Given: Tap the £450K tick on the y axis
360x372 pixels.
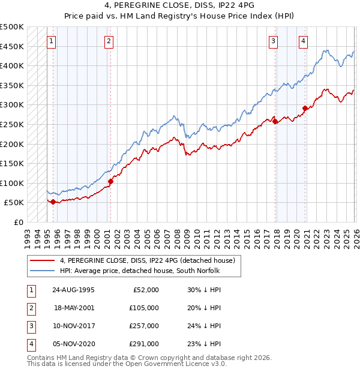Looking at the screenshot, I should click(12, 46).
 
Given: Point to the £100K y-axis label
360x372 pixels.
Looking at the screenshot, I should click(12, 183).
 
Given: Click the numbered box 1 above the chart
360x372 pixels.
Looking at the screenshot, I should click(52, 41).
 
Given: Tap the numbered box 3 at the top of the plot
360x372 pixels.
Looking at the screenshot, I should click(273, 41).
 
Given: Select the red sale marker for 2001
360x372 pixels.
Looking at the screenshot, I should click(110, 181).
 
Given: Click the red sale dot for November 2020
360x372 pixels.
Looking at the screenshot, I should click(305, 109).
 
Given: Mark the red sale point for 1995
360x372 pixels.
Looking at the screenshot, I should click(53, 202).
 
